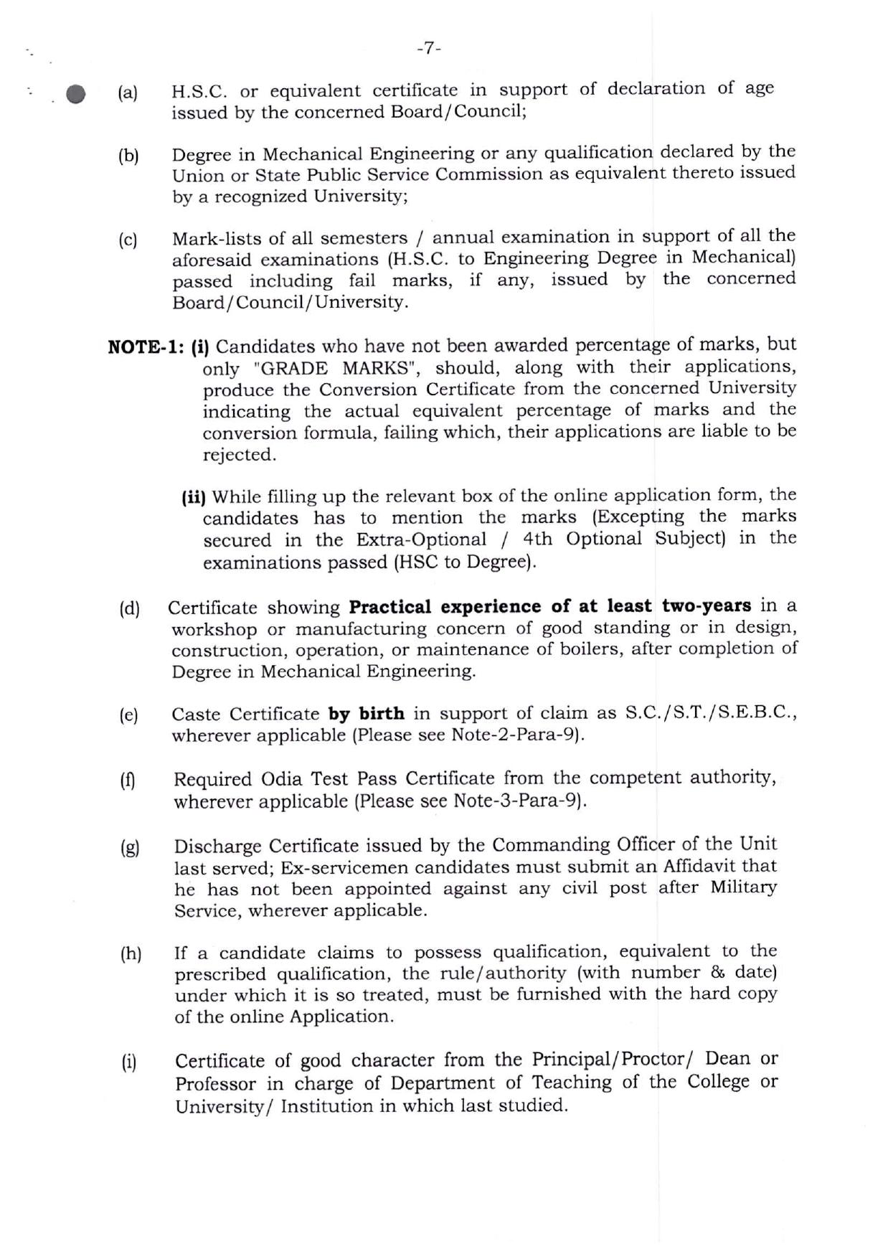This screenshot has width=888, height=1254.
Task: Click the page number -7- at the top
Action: pos(428,48)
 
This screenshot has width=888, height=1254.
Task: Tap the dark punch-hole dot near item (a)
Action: pos(75,95)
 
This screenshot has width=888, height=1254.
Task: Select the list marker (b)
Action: pos(128,156)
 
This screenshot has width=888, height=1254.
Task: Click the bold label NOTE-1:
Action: pos(146,347)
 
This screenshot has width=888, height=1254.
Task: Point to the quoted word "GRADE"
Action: pos(294,369)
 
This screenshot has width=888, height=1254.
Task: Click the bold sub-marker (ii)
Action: pos(194,497)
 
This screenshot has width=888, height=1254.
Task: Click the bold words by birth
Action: pos(366,714)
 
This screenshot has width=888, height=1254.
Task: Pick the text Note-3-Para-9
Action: pos(516,801)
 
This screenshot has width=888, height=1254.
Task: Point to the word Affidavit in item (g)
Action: pos(702,867)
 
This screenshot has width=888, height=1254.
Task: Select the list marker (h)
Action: pos(131,954)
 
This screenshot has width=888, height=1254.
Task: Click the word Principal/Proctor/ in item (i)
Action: pos(615,1060)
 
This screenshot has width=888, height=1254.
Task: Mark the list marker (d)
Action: pos(130,609)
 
